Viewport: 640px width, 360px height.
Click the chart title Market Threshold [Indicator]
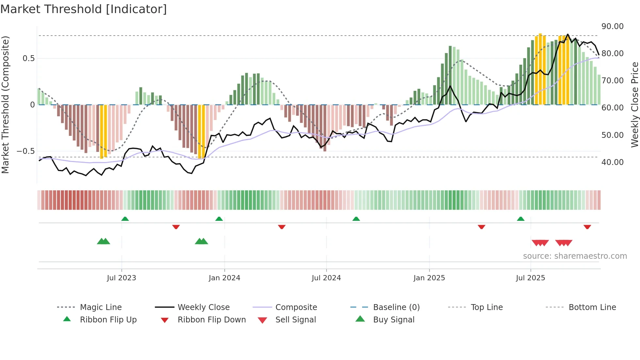pyautogui.click(x=84, y=9)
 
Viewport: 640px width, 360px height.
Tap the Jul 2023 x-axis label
pyautogui.click(x=121, y=278)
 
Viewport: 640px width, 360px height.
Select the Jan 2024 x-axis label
pyautogui.click(x=224, y=278)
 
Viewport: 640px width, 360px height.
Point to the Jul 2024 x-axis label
pyautogui.click(x=326, y=278)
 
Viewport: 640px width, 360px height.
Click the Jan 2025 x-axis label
pyautogui.click(x=429, y=278)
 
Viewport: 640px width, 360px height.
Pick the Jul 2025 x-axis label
pyautogui.click(x=531, y=278)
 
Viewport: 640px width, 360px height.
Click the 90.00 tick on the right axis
pyautogui.click(x=612, y=26)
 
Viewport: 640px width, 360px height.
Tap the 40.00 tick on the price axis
pyautogui.click(x=612, y=162)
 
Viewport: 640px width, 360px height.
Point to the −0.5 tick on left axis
pyautogui.click(x=25, y=151)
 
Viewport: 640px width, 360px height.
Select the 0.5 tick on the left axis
pyautogui.click(x=28, y=58)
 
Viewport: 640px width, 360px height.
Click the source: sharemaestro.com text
pyautogui.click(x=575, y=256)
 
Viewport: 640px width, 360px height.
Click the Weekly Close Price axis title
pyautogui.click(x=634, y=105)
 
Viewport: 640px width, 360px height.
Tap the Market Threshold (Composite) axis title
pyautogui.click(x=5, y=105)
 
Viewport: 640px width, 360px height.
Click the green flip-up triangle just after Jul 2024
pyautogui.click(x=356, y=219)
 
